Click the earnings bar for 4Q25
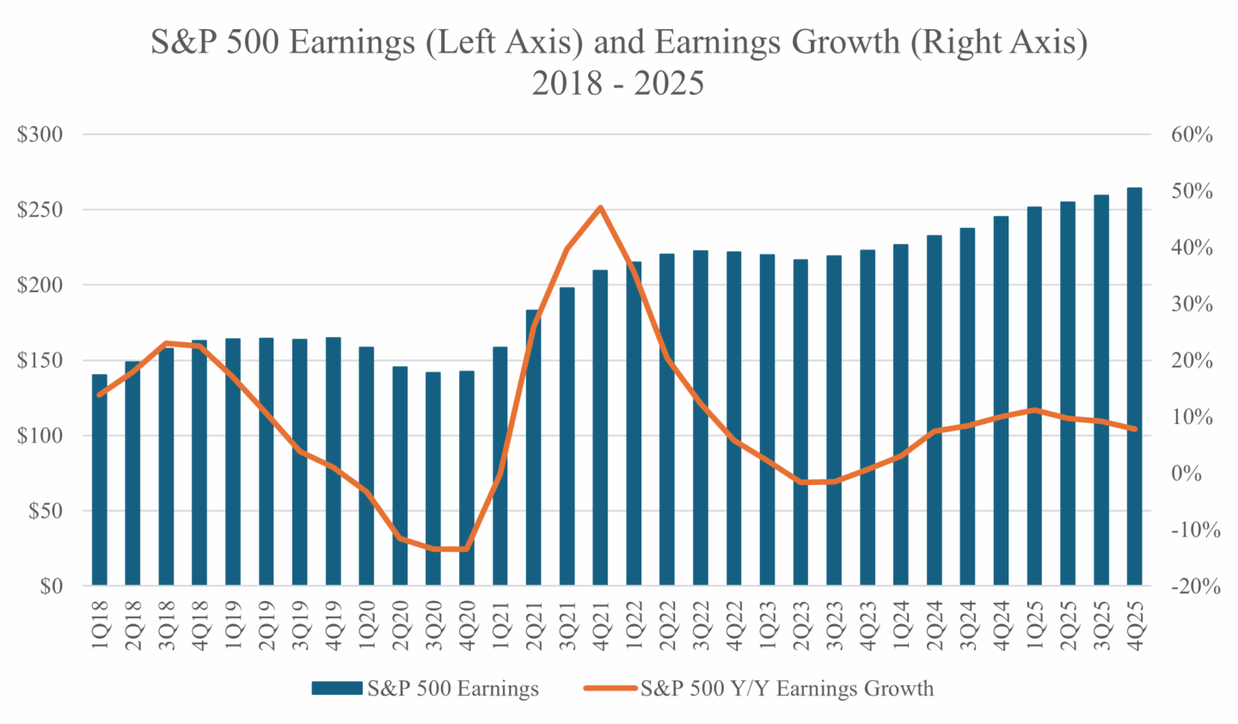point(1134,387)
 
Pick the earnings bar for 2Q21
point(534,447)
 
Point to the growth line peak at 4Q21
point(600,207)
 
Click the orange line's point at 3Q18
point(166,343)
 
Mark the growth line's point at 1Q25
point(1034,409)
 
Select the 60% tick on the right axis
point(1192,135)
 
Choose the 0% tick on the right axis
point(1187,474)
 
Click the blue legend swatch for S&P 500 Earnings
point(336,689)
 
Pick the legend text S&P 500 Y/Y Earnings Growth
point(787,689)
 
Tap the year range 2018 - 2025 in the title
point(617,83)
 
